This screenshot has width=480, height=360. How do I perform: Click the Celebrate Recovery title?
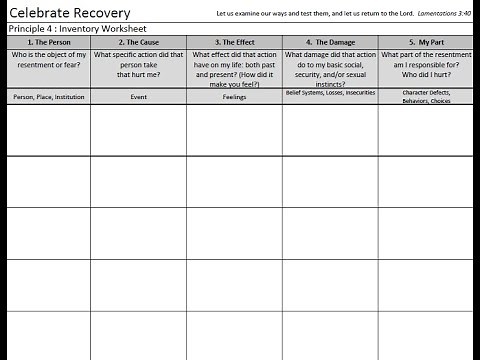point(67,12)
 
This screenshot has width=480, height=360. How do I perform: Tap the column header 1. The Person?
point(48,42)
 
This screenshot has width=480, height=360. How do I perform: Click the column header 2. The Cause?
point(138,42)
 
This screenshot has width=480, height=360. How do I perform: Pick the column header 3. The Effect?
point(233,42)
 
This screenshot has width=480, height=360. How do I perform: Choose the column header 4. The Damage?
point(329,42)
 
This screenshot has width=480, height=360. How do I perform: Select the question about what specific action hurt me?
point(138,65)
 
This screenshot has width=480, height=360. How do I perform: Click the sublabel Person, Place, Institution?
point(48,97)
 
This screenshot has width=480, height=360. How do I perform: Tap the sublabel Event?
point(138,97)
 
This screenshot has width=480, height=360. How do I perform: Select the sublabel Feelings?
point(233,97)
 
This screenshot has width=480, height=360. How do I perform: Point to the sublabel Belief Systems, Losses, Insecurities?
point(329,93)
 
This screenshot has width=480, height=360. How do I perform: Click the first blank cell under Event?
point(138,130)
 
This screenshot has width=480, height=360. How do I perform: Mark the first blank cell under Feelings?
point(233,130)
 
